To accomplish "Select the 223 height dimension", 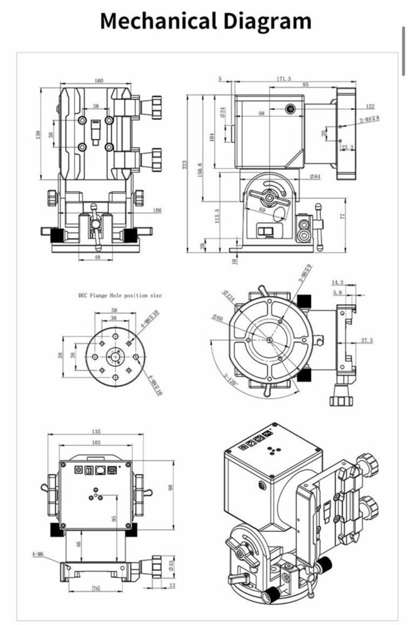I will [186, 164].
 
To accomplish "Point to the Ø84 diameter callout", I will [314, 177].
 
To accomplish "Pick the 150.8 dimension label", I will [200, 169].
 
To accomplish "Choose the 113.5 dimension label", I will [217, 216].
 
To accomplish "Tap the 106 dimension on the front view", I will [157, 210].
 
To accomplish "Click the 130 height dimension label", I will [38, 134].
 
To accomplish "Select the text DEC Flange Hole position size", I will [119, 295].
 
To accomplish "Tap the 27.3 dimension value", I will [367, 341].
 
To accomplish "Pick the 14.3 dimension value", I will [337, 283].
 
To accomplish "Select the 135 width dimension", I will [96, 431].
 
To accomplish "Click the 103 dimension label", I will [96, 442].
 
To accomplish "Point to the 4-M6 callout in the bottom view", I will [37, 554].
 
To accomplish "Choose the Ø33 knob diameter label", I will [171, 566].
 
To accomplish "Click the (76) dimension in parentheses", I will [96, 587].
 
